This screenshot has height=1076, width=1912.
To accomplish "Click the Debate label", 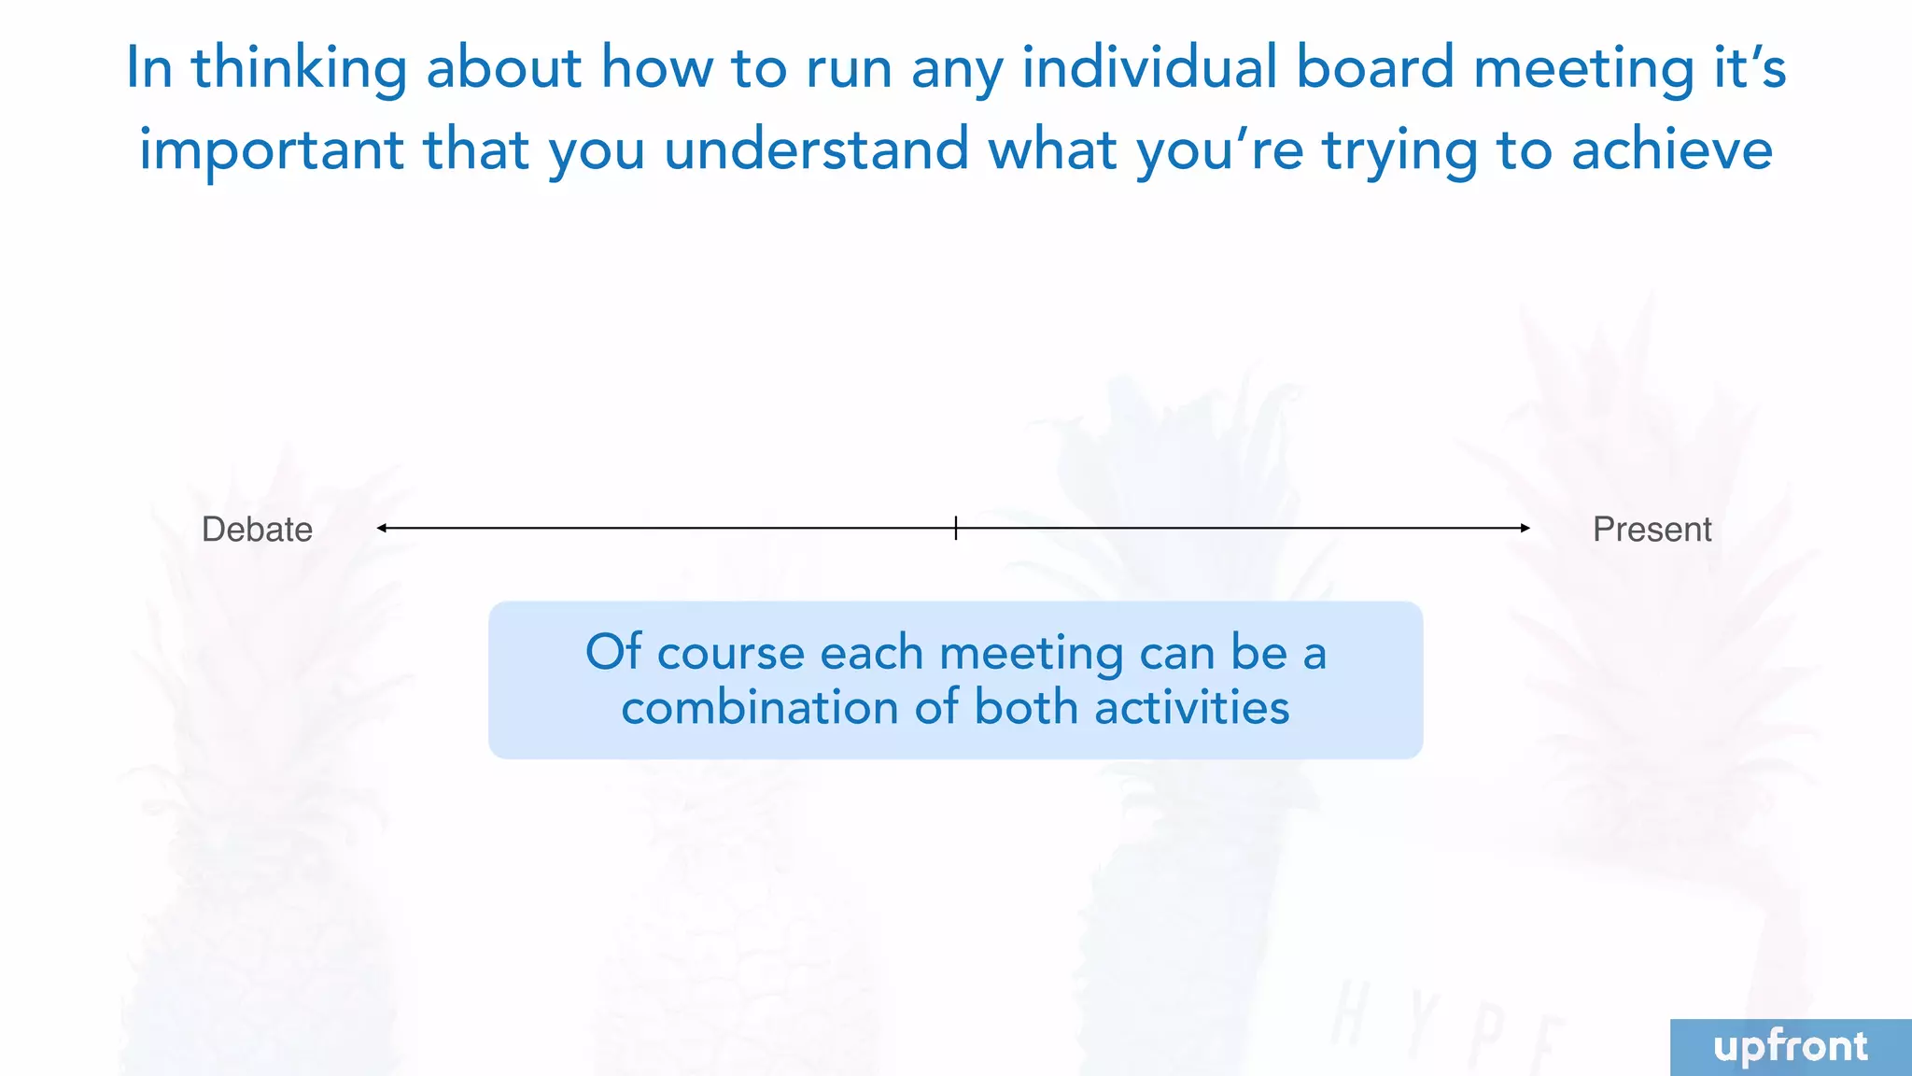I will click(x=257, y=530).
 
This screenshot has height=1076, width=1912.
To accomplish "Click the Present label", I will click(x=1652, y=530).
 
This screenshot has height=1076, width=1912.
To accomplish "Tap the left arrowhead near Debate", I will click(x=381, y=528).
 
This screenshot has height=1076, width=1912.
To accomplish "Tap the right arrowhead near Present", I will click(x=1525, y=528).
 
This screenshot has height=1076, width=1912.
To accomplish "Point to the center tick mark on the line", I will click(x=956, y=528).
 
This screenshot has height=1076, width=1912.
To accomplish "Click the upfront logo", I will click(x=1791, y=1047).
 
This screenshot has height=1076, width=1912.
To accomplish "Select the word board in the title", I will click(x=1375, y=68).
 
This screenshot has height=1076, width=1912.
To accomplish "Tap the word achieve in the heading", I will click(x=1672, y=149).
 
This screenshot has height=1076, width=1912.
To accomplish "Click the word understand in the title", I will click(x=817, y=149).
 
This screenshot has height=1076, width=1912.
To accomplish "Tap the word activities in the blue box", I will click(x=1191, y=707).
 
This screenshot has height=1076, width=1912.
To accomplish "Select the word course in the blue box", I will click(x=730, y=653).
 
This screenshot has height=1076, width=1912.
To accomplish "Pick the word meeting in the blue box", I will click(x=1031, y=654).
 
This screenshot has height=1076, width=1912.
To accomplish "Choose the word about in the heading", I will click(x=504, y=68).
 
